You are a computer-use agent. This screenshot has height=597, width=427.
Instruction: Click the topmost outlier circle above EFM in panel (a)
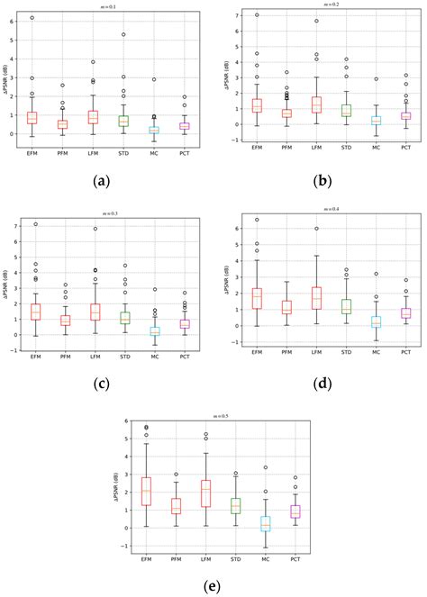[x=32, y=18]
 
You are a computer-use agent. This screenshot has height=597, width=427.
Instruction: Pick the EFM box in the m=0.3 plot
[x=35, y=312]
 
